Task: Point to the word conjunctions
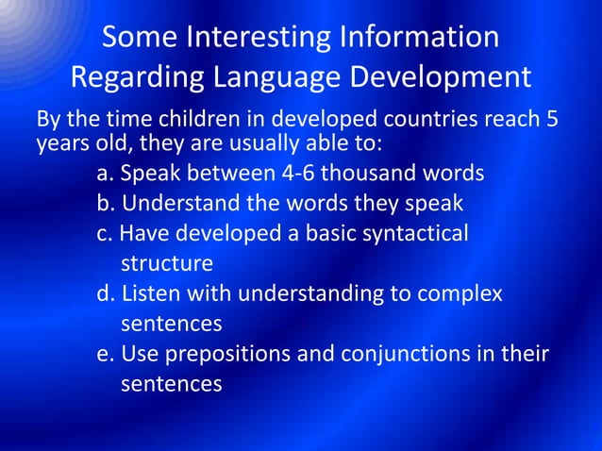point(413,354)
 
